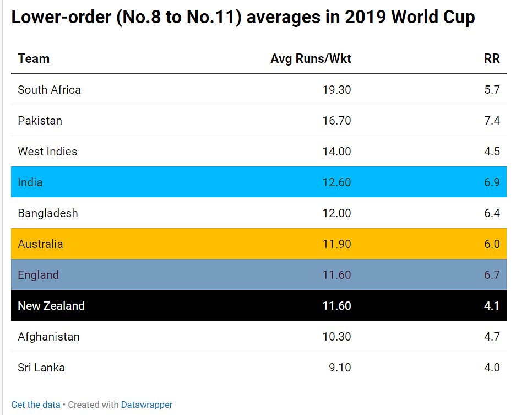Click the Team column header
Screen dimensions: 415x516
tap(34, 59)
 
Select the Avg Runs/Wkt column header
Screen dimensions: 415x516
tap(311, 59)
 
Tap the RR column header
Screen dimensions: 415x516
tap(492, 59)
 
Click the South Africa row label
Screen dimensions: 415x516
tap(49, 90)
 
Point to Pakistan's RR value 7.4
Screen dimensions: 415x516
tap(492, 121)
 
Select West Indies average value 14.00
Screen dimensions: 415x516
tap(336, 152)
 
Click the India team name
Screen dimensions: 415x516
tap(30, 182)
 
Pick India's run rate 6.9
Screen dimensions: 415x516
tap(492, 182)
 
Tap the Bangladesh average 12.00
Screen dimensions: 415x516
tap(336, 213)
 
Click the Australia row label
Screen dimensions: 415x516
tap(40, 244)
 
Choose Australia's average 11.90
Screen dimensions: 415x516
tap(336, 244)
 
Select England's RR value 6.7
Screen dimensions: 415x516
tap(492, 275)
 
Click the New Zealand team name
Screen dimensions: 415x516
tap(51, 306)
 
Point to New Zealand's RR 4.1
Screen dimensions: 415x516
tap(492, 306)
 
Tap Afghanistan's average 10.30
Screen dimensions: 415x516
tap(336, 337)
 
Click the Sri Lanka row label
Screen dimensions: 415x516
tap(41, 368)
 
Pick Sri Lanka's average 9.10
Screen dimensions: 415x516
tap(340, 368)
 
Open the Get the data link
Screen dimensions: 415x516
tap(36, 405)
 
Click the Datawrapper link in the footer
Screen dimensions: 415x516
tap(146, 405)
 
